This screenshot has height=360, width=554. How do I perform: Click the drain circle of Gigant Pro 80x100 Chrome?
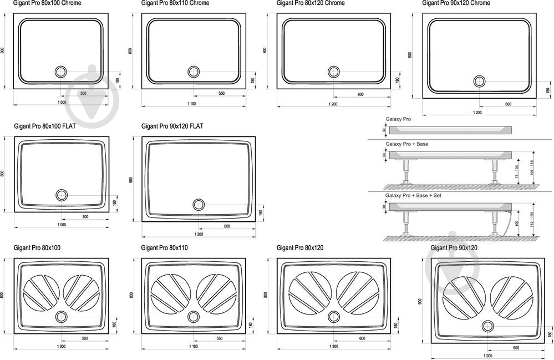(61, 72)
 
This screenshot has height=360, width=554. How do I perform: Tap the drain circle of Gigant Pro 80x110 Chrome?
(194, 72)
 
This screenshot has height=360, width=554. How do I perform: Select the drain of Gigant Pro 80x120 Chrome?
(334, 72)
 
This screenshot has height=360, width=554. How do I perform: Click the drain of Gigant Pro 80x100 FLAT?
(62, 195)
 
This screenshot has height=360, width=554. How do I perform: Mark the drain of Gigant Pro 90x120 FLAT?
(199, 205)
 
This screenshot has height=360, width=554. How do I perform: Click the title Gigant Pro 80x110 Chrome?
(175, 3)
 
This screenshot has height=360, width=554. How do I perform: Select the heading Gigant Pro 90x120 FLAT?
(172, 126)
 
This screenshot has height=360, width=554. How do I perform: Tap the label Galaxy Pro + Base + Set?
(414, 196)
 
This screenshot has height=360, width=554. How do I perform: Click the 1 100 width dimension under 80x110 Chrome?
(192, 103)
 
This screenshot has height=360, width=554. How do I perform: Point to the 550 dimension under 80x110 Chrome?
(221, 93)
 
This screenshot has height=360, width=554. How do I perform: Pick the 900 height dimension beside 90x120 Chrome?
(410, 55)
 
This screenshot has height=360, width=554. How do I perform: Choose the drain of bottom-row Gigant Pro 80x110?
(194, 317)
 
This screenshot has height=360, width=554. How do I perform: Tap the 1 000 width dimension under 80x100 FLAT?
(61, 225)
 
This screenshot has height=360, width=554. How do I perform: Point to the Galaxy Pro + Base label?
(407, 144)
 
